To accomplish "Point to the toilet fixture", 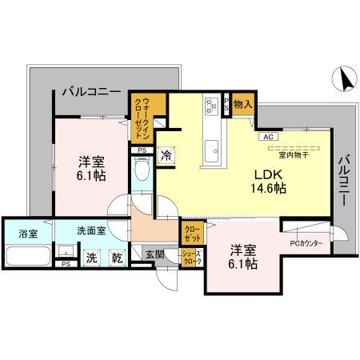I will pos(142,171).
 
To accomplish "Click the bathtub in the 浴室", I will pos(28,258).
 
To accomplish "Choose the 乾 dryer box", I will pos(117,258).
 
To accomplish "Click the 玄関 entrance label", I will pos(154,256).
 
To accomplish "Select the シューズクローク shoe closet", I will pos(193,257).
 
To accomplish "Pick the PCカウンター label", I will pos(306,243).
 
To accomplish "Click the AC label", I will pos(266,136).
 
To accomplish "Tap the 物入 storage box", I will pos(243,103).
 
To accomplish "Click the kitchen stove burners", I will pos(212,104).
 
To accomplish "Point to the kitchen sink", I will pos(213,148).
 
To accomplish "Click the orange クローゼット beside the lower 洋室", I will pos(192,233).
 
